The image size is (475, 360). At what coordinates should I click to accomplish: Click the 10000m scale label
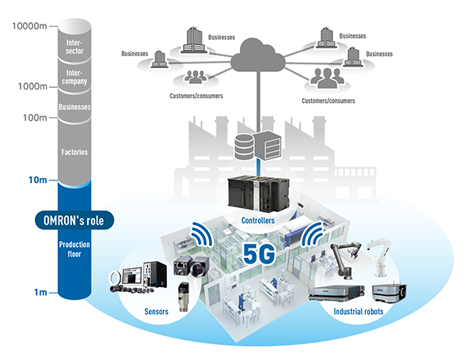29,26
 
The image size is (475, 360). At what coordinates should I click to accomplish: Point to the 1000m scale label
32,86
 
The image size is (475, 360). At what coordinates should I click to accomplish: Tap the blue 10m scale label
38,180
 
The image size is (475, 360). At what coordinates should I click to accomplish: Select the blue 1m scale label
40,293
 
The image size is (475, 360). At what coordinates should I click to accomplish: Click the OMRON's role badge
74,220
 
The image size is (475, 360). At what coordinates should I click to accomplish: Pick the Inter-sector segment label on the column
74,47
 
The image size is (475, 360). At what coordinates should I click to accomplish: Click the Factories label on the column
74,152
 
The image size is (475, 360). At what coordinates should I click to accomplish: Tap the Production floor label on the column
74,249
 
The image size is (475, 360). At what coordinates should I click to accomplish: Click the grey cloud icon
258,55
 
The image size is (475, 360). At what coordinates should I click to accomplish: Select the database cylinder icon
244,147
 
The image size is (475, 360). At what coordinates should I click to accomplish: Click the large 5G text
259,254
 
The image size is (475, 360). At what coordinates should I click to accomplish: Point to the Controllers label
258,221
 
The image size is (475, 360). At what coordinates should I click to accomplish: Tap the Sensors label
156,312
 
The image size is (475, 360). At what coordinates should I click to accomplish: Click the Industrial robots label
359,312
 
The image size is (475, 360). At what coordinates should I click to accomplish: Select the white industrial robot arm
380,257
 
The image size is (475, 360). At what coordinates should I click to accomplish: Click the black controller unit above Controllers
258,194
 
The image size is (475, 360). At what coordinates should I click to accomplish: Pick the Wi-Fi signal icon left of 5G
202,234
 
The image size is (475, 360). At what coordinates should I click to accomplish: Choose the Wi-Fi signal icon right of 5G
312,233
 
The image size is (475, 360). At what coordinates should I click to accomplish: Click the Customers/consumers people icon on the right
327,78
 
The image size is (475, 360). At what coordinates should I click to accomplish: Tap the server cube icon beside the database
268,145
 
